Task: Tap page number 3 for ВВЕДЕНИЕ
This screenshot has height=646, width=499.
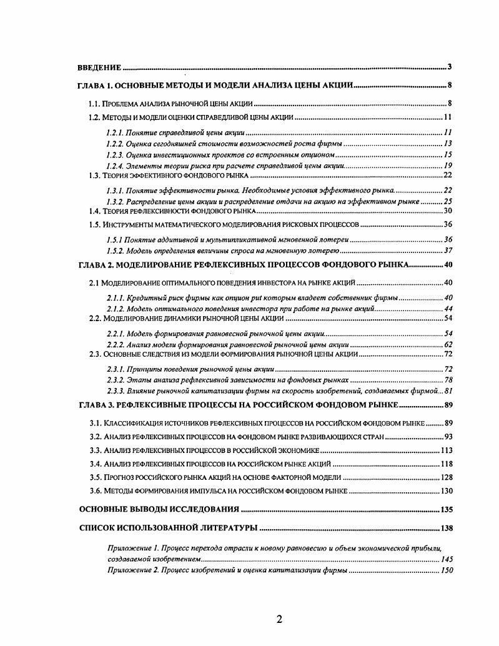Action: coord(450,67)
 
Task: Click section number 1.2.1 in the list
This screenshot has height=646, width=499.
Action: coord(115,132)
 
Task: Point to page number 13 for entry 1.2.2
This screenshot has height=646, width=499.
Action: coord(447,143)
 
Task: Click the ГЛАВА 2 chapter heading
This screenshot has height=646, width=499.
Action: coord(244,264)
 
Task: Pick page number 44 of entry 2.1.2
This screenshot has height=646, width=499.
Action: coord(447,309)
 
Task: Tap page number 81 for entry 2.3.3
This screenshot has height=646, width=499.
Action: coord(447,390)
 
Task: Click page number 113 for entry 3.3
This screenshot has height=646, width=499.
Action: coord(445,450)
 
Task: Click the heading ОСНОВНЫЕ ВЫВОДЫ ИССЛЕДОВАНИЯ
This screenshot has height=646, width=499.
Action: coord(159,509)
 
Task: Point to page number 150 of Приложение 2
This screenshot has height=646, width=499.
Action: coord(446,570)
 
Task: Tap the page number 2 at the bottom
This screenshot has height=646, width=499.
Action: coord(279,619)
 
